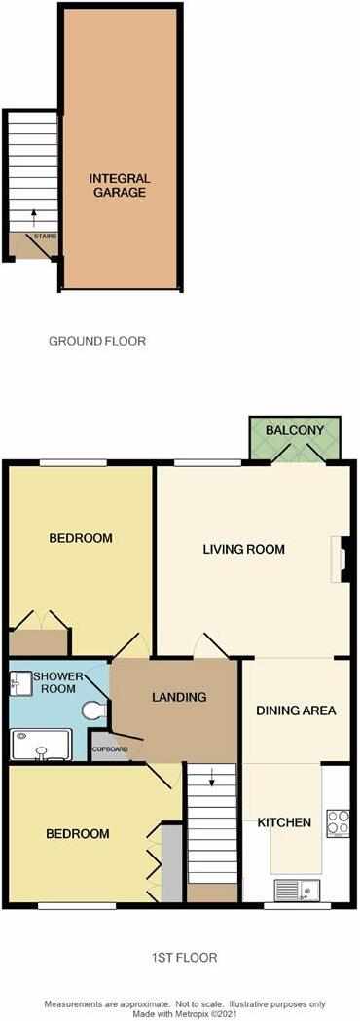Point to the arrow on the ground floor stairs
pos(34,217)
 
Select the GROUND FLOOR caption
pos(97,341)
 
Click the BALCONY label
pos(295,430)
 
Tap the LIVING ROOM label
pos(243,550)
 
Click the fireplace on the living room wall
pos(342,558)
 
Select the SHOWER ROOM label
pos(54,681)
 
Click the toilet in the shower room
pos(96,710)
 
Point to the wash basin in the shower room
pos(17,683)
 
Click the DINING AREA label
pos(296,710)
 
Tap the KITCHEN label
pos(284,822)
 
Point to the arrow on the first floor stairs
pos(211,778)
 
